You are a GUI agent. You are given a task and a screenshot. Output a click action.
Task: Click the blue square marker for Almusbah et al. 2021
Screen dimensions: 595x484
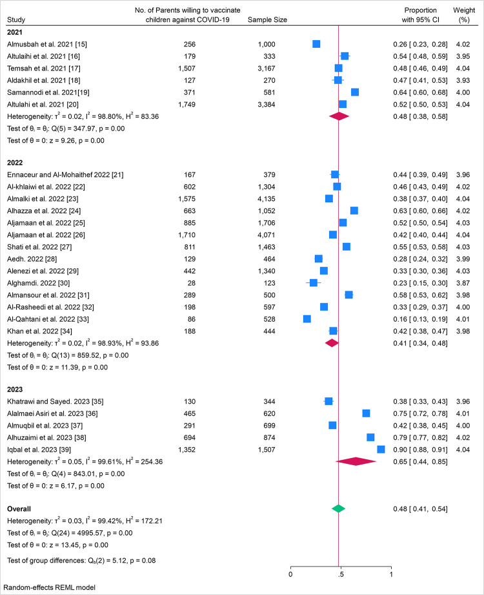click(316, 44)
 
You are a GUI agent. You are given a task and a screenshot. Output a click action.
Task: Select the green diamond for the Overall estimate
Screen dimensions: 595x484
click(338, 509)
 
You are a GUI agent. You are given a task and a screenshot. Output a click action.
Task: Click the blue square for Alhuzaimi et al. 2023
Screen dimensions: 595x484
click(370, 437)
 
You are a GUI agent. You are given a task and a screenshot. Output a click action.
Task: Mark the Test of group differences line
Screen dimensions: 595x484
click(81, 560)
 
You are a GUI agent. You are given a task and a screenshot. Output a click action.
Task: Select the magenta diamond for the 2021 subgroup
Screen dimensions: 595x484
click(339, 116)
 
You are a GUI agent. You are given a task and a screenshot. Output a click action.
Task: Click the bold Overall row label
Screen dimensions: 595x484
click(20, 509)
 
